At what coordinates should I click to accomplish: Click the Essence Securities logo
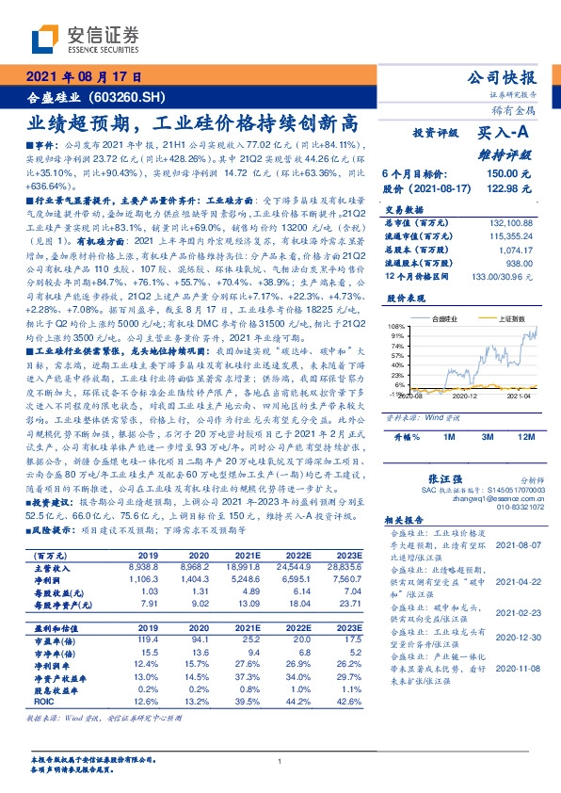coord(86,39)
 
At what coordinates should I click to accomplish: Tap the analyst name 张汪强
coord(446,479)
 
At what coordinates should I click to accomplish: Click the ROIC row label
coord(41,700)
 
